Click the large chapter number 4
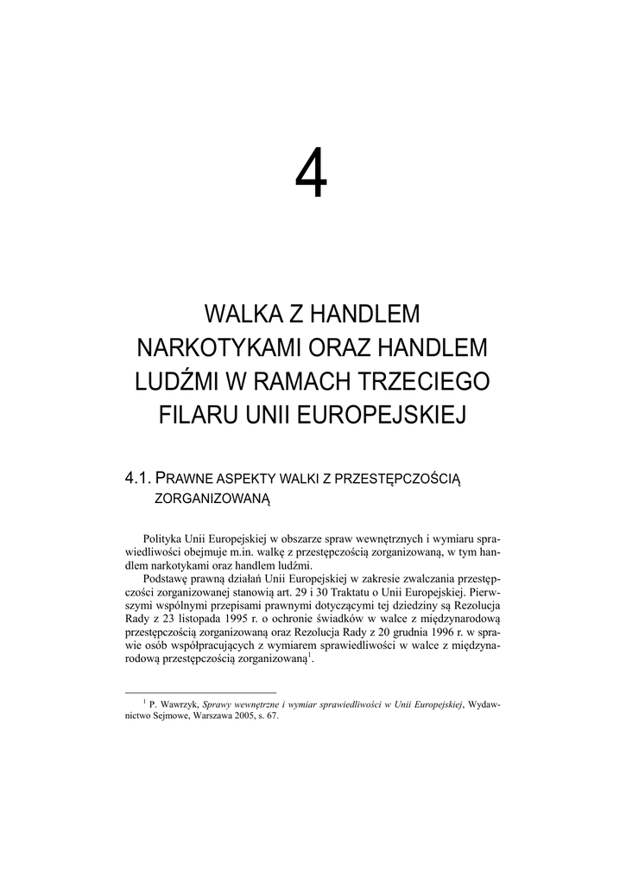312,173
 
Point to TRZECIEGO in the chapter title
431,381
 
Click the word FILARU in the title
193,415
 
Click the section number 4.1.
139,477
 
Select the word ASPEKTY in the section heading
254,478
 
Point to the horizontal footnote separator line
200,692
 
